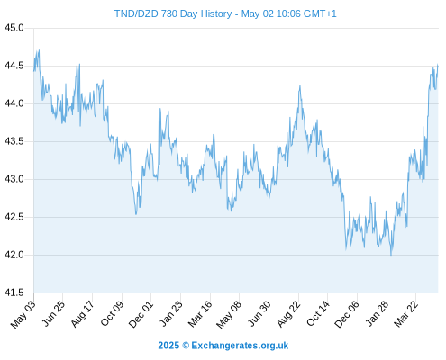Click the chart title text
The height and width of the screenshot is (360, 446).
coord(225,13)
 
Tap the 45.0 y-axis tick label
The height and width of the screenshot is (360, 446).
coord(14,28)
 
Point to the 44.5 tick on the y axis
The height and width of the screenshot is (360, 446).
coord(14,66)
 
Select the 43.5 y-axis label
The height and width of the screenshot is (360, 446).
coord(14,141)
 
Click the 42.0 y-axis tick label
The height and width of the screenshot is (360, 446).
coord(14,255)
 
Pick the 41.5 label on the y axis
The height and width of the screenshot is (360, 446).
coord(14,292)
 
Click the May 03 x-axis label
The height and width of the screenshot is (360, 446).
coord(23,314)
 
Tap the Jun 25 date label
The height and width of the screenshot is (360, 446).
coord(53,313)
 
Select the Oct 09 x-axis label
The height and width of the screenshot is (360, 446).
coord(112,313)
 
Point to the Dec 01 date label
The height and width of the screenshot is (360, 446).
coord(141,314)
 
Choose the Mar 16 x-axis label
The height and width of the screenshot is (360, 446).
coord(200,314)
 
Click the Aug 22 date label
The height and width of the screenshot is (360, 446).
coord(288,314)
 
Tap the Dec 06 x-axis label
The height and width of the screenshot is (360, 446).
coord(347,314)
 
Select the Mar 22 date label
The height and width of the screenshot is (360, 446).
coord(405,314)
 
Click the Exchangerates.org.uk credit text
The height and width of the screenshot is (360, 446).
coord(240,346)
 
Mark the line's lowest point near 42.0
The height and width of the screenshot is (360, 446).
coord(391,255)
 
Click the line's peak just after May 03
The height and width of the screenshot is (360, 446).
coord(39,50)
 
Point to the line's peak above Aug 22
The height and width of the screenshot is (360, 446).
coord(300,86)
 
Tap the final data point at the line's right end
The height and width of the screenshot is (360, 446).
coord(438,66)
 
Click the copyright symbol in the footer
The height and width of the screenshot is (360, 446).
coord(186,346)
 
